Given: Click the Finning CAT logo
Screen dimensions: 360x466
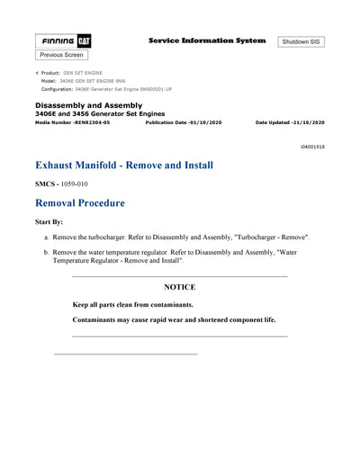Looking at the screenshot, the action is tap(63, 41).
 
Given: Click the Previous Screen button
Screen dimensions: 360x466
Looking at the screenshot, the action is tap(61, 56).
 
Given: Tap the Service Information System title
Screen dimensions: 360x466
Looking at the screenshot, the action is tap(206, 40).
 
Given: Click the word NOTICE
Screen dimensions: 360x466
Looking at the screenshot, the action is tap(179, 287).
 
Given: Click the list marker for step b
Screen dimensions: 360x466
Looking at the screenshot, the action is tap(45, 254).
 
